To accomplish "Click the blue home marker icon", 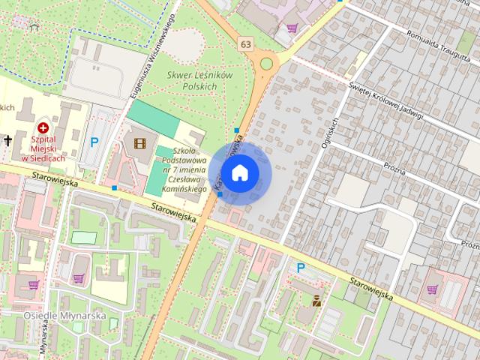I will [239, 173].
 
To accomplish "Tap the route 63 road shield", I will [247, 44].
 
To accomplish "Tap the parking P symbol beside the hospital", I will [94, 141].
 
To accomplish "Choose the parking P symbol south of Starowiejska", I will [301, 268].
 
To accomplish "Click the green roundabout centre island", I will [266, 64].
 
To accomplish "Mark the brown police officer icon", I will [317, 301].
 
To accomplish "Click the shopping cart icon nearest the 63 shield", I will [292, 28].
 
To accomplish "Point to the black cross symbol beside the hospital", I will [7, 140].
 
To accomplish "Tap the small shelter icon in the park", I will [34, 27].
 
